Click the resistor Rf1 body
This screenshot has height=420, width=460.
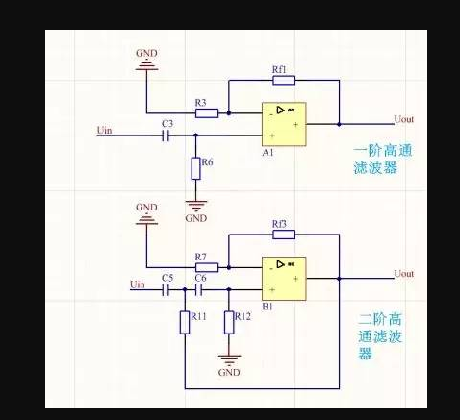[x=284, y=80]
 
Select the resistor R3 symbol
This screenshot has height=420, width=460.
[x=207, y=113]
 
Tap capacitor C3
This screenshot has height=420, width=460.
[x=166, y=136]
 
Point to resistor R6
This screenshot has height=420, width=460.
[x=196, y=168]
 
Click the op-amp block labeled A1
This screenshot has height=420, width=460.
[x=284, y=124]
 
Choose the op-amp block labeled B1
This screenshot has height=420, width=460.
[x=284, y=279]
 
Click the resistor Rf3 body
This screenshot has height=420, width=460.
[x=284, y=235]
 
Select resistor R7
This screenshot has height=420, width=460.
[x=207, y=267]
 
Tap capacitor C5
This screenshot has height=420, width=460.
[x=166, y=290]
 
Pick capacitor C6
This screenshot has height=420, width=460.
[x=199, y=290]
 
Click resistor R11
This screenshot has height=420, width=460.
[x=185, y=323]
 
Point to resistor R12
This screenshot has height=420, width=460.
[x=229, y=323]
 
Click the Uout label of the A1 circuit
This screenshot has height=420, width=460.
[x=404, y=119]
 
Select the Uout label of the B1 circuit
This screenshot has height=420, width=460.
[x=404, y=274]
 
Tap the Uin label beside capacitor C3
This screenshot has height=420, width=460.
[x=105, y=131]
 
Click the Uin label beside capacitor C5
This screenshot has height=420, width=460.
[x=138, y=284]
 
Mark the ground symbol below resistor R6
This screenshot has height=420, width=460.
[x=196, y=206]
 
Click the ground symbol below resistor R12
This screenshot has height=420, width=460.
[x=229, y=360]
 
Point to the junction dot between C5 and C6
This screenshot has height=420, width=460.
[x=185, y=289]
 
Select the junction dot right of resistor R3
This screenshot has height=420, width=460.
[x=229, y=113]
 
